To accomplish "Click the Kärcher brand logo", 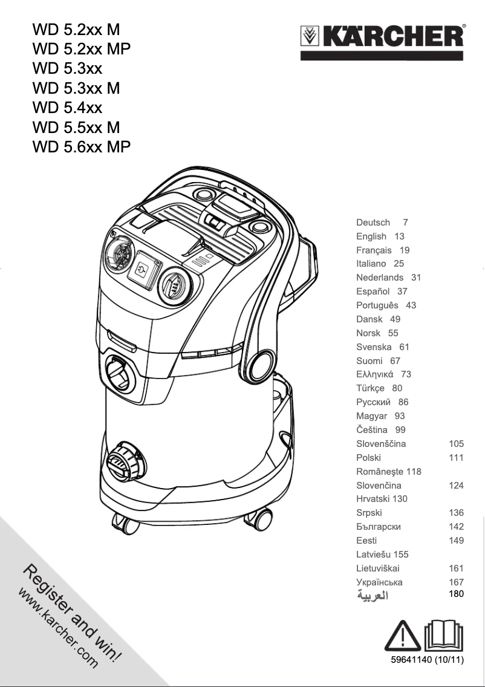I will (x=382, y=36).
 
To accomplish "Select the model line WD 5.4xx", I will (x=67, y=108).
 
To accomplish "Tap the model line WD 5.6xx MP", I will (x=81, y=147).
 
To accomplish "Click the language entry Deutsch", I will (x=373, y=223).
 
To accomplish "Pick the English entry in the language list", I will (x=371, y=236).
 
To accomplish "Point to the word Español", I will (x=373, y=291).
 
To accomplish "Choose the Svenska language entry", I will (x=374, y=347).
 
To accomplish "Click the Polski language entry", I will (x=368, y=458).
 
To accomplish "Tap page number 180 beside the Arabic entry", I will (x=456, y=594).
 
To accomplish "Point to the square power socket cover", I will (x=145, y=270).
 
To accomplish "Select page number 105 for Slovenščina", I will (x=456, y=444).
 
